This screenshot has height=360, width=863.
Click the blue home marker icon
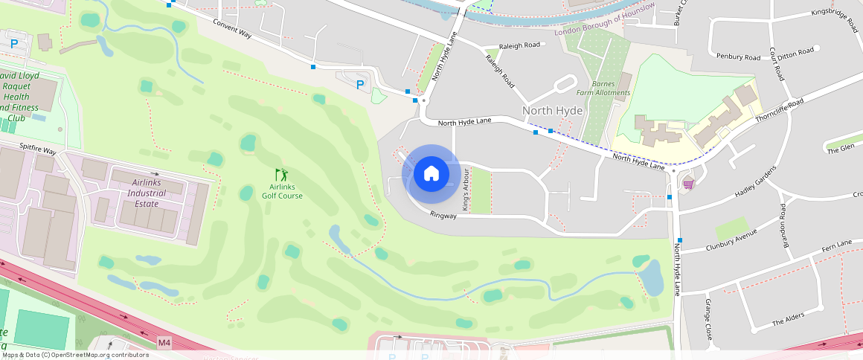[431, 173]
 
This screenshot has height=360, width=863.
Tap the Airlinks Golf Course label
[282, 191]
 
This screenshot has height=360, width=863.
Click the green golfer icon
[281, 175]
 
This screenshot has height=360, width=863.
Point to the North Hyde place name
[552, 111]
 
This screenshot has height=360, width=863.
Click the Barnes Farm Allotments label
[603, 88]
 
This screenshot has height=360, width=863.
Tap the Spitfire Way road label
[38, 150]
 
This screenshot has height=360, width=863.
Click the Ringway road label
[443, 216]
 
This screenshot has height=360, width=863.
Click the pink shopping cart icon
[689, 183]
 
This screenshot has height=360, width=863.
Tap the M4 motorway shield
[164, 342]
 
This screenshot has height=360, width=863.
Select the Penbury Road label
[738, 57]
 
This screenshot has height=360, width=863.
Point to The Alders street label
[788, 319]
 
